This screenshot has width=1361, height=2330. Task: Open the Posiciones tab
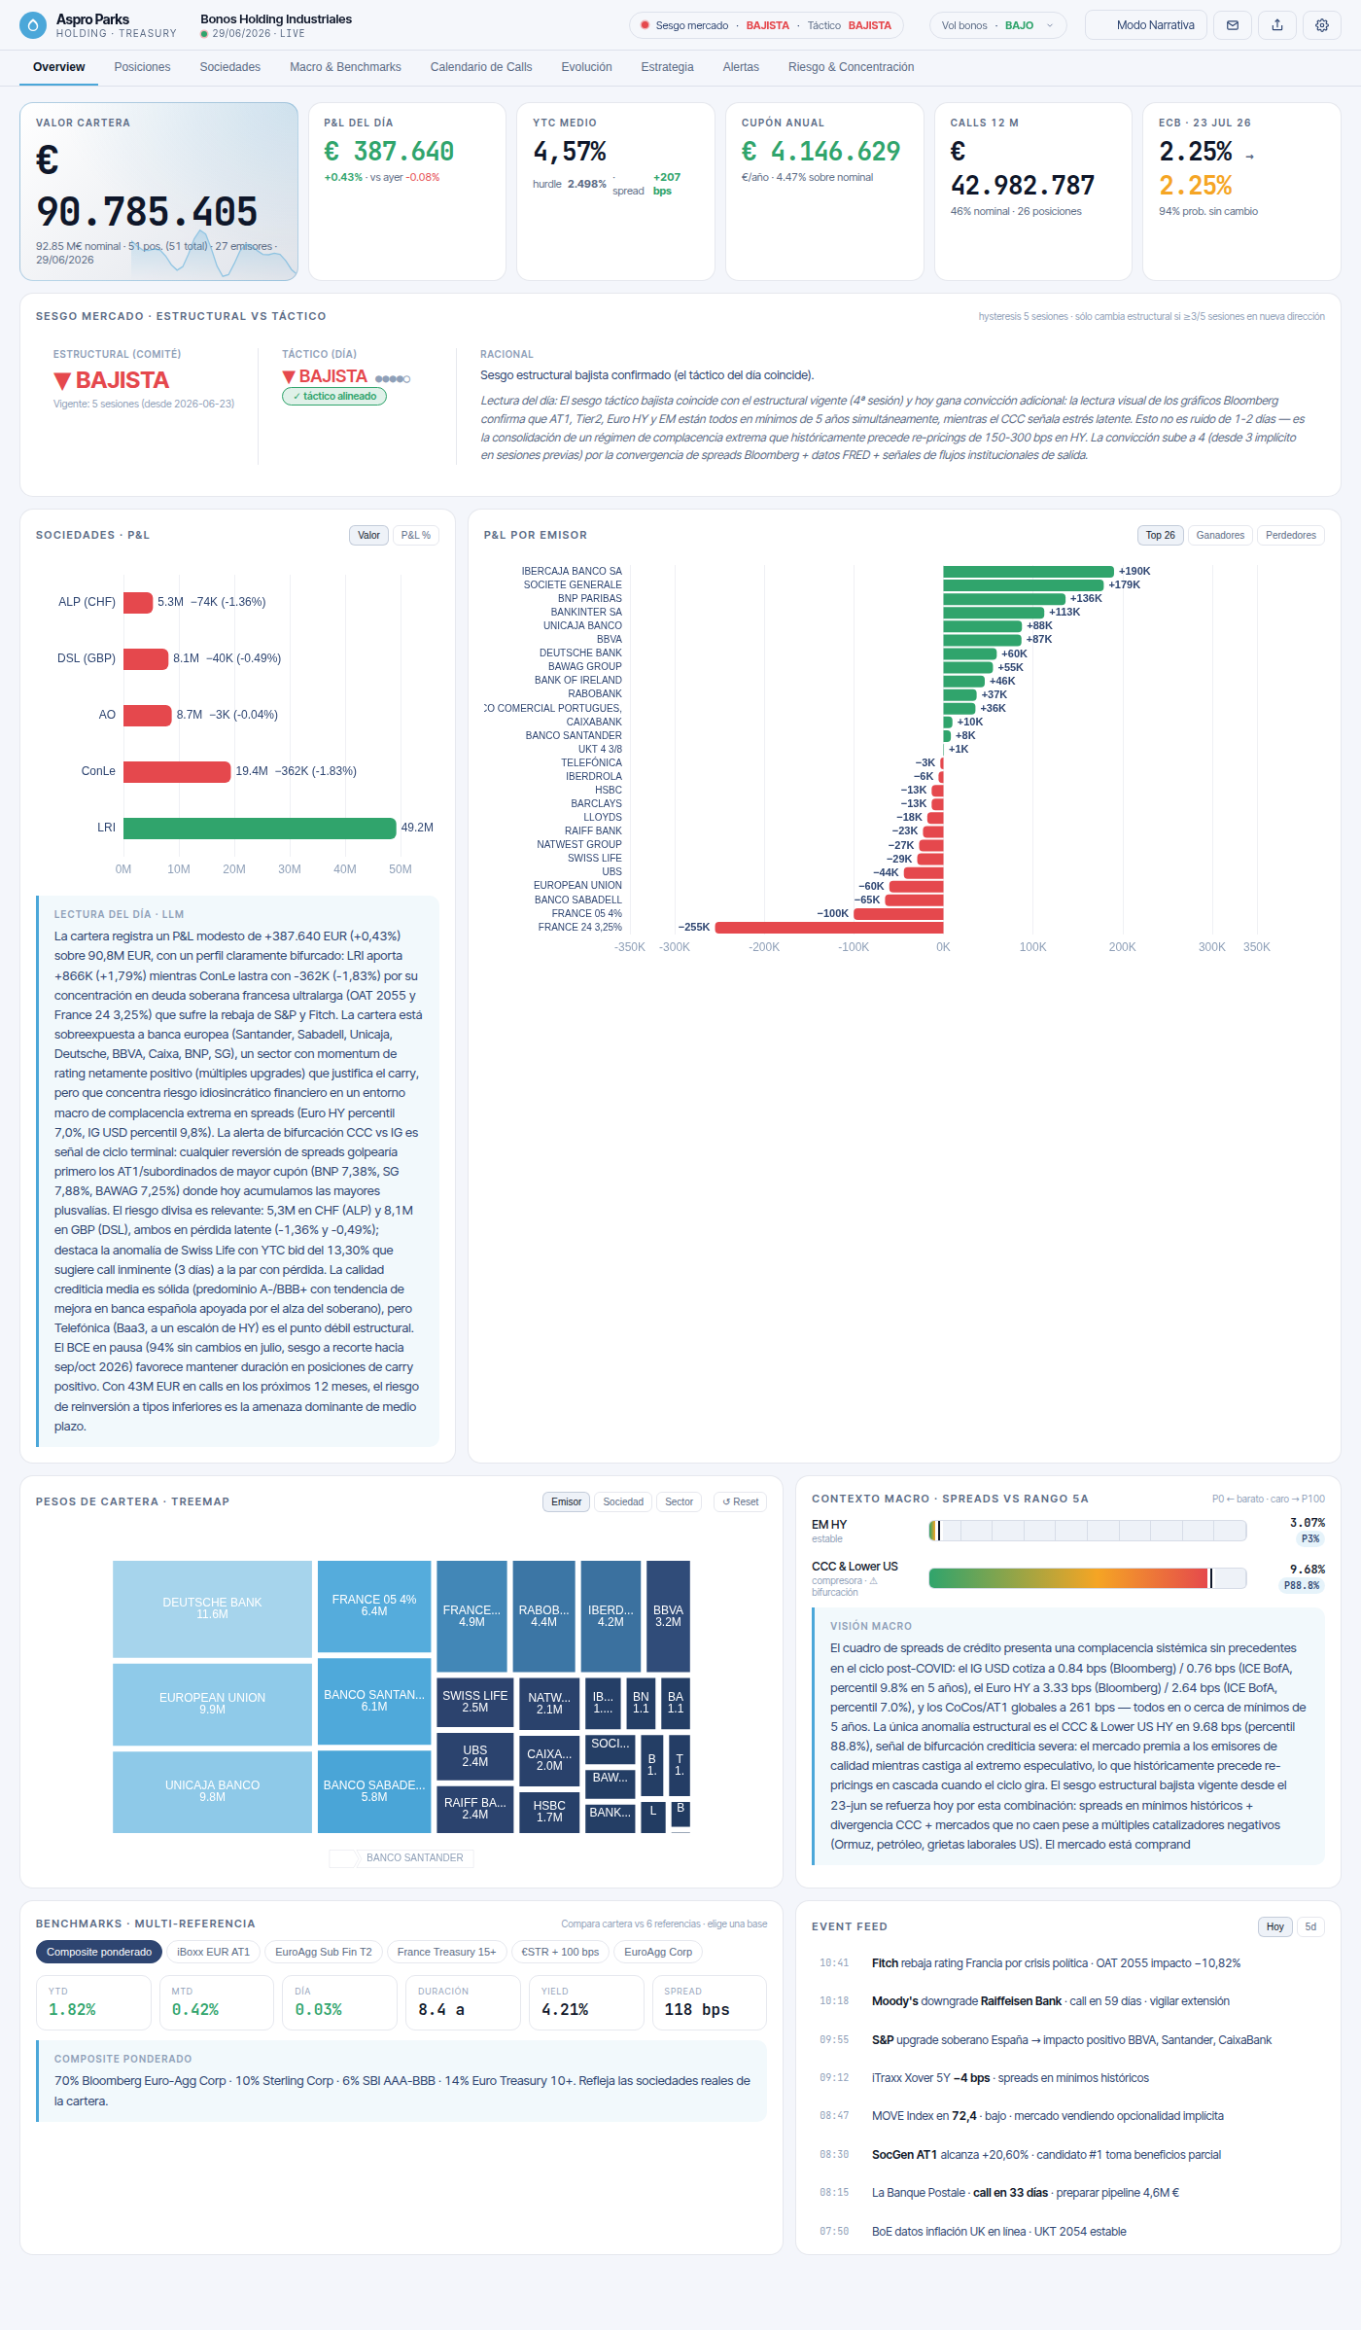[x=142, y=67]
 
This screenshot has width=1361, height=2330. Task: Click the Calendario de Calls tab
[x=481, y=67]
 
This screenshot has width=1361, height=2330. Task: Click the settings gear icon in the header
[x=1322, y=25]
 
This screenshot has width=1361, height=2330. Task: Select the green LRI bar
[x=260, y=828]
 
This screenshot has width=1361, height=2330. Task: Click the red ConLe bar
[x=177, y=771]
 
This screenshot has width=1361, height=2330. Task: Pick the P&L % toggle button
[x=416, y=535]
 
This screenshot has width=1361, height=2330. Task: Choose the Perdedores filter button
[x=1291, y=535]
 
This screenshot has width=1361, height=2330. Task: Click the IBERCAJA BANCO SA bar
[x=1029, y=571]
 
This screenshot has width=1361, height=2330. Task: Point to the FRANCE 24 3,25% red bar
[x=829, y=927]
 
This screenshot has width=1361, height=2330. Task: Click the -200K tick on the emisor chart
[x=764, y=947]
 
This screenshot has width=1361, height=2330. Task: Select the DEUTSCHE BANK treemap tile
[x=212, y=1608]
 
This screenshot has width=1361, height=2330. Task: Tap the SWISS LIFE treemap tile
[x=475, y=1702]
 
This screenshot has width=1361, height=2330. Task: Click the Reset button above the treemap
[x=741, y=1501]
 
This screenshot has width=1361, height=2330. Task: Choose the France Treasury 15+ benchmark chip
[x=446, y=1952]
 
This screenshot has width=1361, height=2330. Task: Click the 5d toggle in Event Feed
[x=1310, y=1926]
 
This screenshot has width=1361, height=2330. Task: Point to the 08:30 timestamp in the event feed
[x=834, y=2155]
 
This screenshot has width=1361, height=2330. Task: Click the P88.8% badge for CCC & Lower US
[x=1302, y=1585]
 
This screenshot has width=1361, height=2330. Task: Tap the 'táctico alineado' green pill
[x=334, y=397]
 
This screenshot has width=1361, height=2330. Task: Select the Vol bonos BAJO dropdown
[x=997, y=25]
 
